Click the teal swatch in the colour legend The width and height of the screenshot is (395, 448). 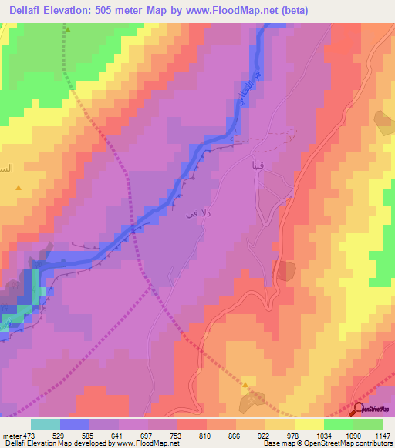[46, 424]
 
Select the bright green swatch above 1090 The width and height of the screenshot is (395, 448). [339, 424]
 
